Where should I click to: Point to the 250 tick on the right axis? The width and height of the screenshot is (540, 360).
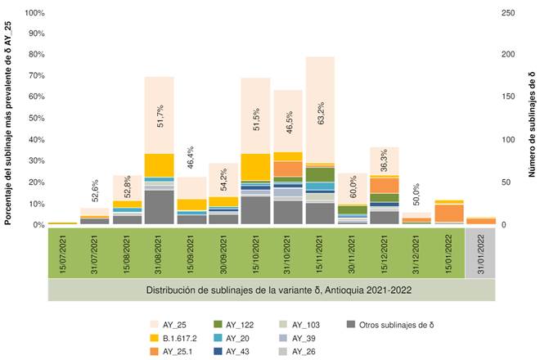[508, 13]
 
